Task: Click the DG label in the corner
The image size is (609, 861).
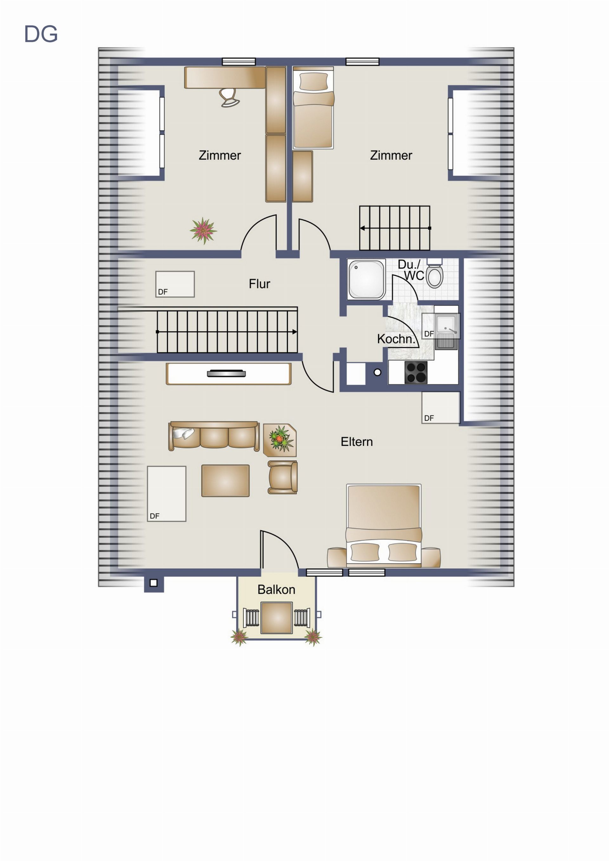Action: [x=41, y=34]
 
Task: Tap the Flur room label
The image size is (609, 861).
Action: [x=259, y=284]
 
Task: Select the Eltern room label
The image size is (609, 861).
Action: [x=357, y=442]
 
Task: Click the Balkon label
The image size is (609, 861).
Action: [x=276, y=590]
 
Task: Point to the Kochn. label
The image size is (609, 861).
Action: [x=396, y=339]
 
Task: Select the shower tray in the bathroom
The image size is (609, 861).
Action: [x=366, y=279]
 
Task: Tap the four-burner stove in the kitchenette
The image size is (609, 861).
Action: [x=416, y=372]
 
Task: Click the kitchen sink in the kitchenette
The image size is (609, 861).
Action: [x=446, y=332]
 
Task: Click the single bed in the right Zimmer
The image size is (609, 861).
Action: [x=313, y=108]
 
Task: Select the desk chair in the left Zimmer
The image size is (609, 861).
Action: [x=229, y=97]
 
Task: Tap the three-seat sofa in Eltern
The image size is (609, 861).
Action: [x=214, y=436]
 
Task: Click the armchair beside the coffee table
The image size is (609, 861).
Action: [x=283, y=477]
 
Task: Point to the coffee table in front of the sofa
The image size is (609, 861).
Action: [x=225, y=481]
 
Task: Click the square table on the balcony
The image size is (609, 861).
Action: [x=277, y=618]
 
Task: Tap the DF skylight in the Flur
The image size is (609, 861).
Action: [x=175, y=284]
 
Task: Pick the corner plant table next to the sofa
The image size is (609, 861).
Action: [x=280, y=440]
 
